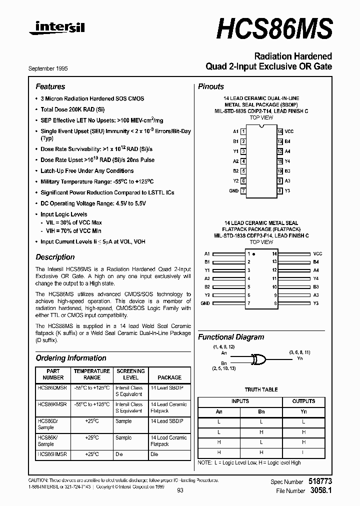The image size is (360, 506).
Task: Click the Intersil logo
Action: pos(56,29)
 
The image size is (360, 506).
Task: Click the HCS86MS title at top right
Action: pos(274,28)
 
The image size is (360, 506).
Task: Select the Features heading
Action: pos(50,86)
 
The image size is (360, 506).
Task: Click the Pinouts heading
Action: pos(211,86)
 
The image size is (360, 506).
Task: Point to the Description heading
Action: pos(55,257)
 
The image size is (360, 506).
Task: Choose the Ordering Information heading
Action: pos(70,358)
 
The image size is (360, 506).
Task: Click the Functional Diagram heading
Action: pos(231,337)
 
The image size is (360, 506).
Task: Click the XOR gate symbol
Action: pos(257,359)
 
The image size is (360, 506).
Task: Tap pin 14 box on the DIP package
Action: pos(280,131)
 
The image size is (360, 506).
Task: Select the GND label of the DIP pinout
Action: pos(234,191)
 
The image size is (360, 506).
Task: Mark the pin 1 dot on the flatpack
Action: pos(254,254)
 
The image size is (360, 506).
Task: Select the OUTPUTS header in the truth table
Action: pos(303,401)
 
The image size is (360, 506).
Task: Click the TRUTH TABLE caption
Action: pos(261,390)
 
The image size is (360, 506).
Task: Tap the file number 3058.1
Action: pos(321,491)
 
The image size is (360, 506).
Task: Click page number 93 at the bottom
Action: pos(180,490)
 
